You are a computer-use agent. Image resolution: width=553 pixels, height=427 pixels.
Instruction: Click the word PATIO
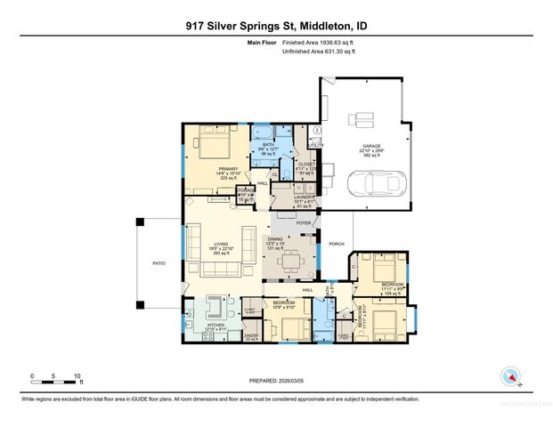(x=159, y=263)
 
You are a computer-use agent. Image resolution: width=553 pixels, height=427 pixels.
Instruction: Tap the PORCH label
(x=337, y=244)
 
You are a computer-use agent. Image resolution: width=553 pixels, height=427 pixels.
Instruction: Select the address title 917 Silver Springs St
(x=276, y=28)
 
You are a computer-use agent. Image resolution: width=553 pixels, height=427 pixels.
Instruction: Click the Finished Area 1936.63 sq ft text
(x=319, y=43)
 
